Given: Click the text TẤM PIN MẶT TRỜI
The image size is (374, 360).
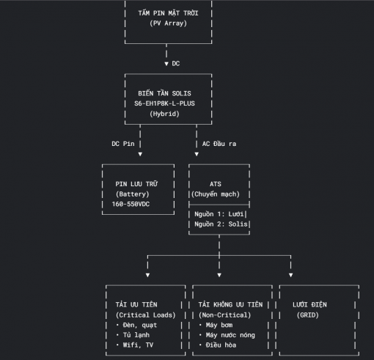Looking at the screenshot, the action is tap(168, 13).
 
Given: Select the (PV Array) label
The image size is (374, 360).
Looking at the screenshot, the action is tap(168, 23).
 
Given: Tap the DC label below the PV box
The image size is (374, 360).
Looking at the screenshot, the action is tap(176, 64).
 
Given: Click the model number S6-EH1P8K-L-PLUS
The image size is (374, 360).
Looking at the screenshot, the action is tap(164, 103).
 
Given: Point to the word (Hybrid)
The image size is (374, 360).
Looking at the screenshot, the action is tap(164, 114).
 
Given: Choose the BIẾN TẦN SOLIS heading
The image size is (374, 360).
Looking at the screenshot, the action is tap(164, 93).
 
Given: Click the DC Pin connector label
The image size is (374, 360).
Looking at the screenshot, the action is tap(123, 144).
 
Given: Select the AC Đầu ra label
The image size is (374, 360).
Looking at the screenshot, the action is tap(219, 144).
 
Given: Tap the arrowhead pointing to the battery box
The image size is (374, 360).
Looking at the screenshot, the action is tap(140, 154).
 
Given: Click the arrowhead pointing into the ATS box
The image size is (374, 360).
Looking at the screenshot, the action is tap(197, 154).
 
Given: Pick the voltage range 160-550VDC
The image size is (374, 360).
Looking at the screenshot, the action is tap(131, 204).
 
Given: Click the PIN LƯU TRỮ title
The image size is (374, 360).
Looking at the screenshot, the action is tap(136, 184).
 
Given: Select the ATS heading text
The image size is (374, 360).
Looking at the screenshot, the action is tap(216, 184).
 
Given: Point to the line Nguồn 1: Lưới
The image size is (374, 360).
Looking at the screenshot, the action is tap(219, 214).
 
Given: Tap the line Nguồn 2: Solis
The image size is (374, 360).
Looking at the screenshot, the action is tap(221, 224).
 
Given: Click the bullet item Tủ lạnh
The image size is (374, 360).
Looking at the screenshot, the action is tap(136, 335).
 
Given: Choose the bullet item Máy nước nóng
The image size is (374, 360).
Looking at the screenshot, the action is tap(230, 335).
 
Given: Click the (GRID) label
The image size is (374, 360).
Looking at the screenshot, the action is tap(308, 315).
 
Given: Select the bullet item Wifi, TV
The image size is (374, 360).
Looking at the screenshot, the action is tap(138, 345).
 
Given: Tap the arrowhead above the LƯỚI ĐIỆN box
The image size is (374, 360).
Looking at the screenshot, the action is tap(290, 275).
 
